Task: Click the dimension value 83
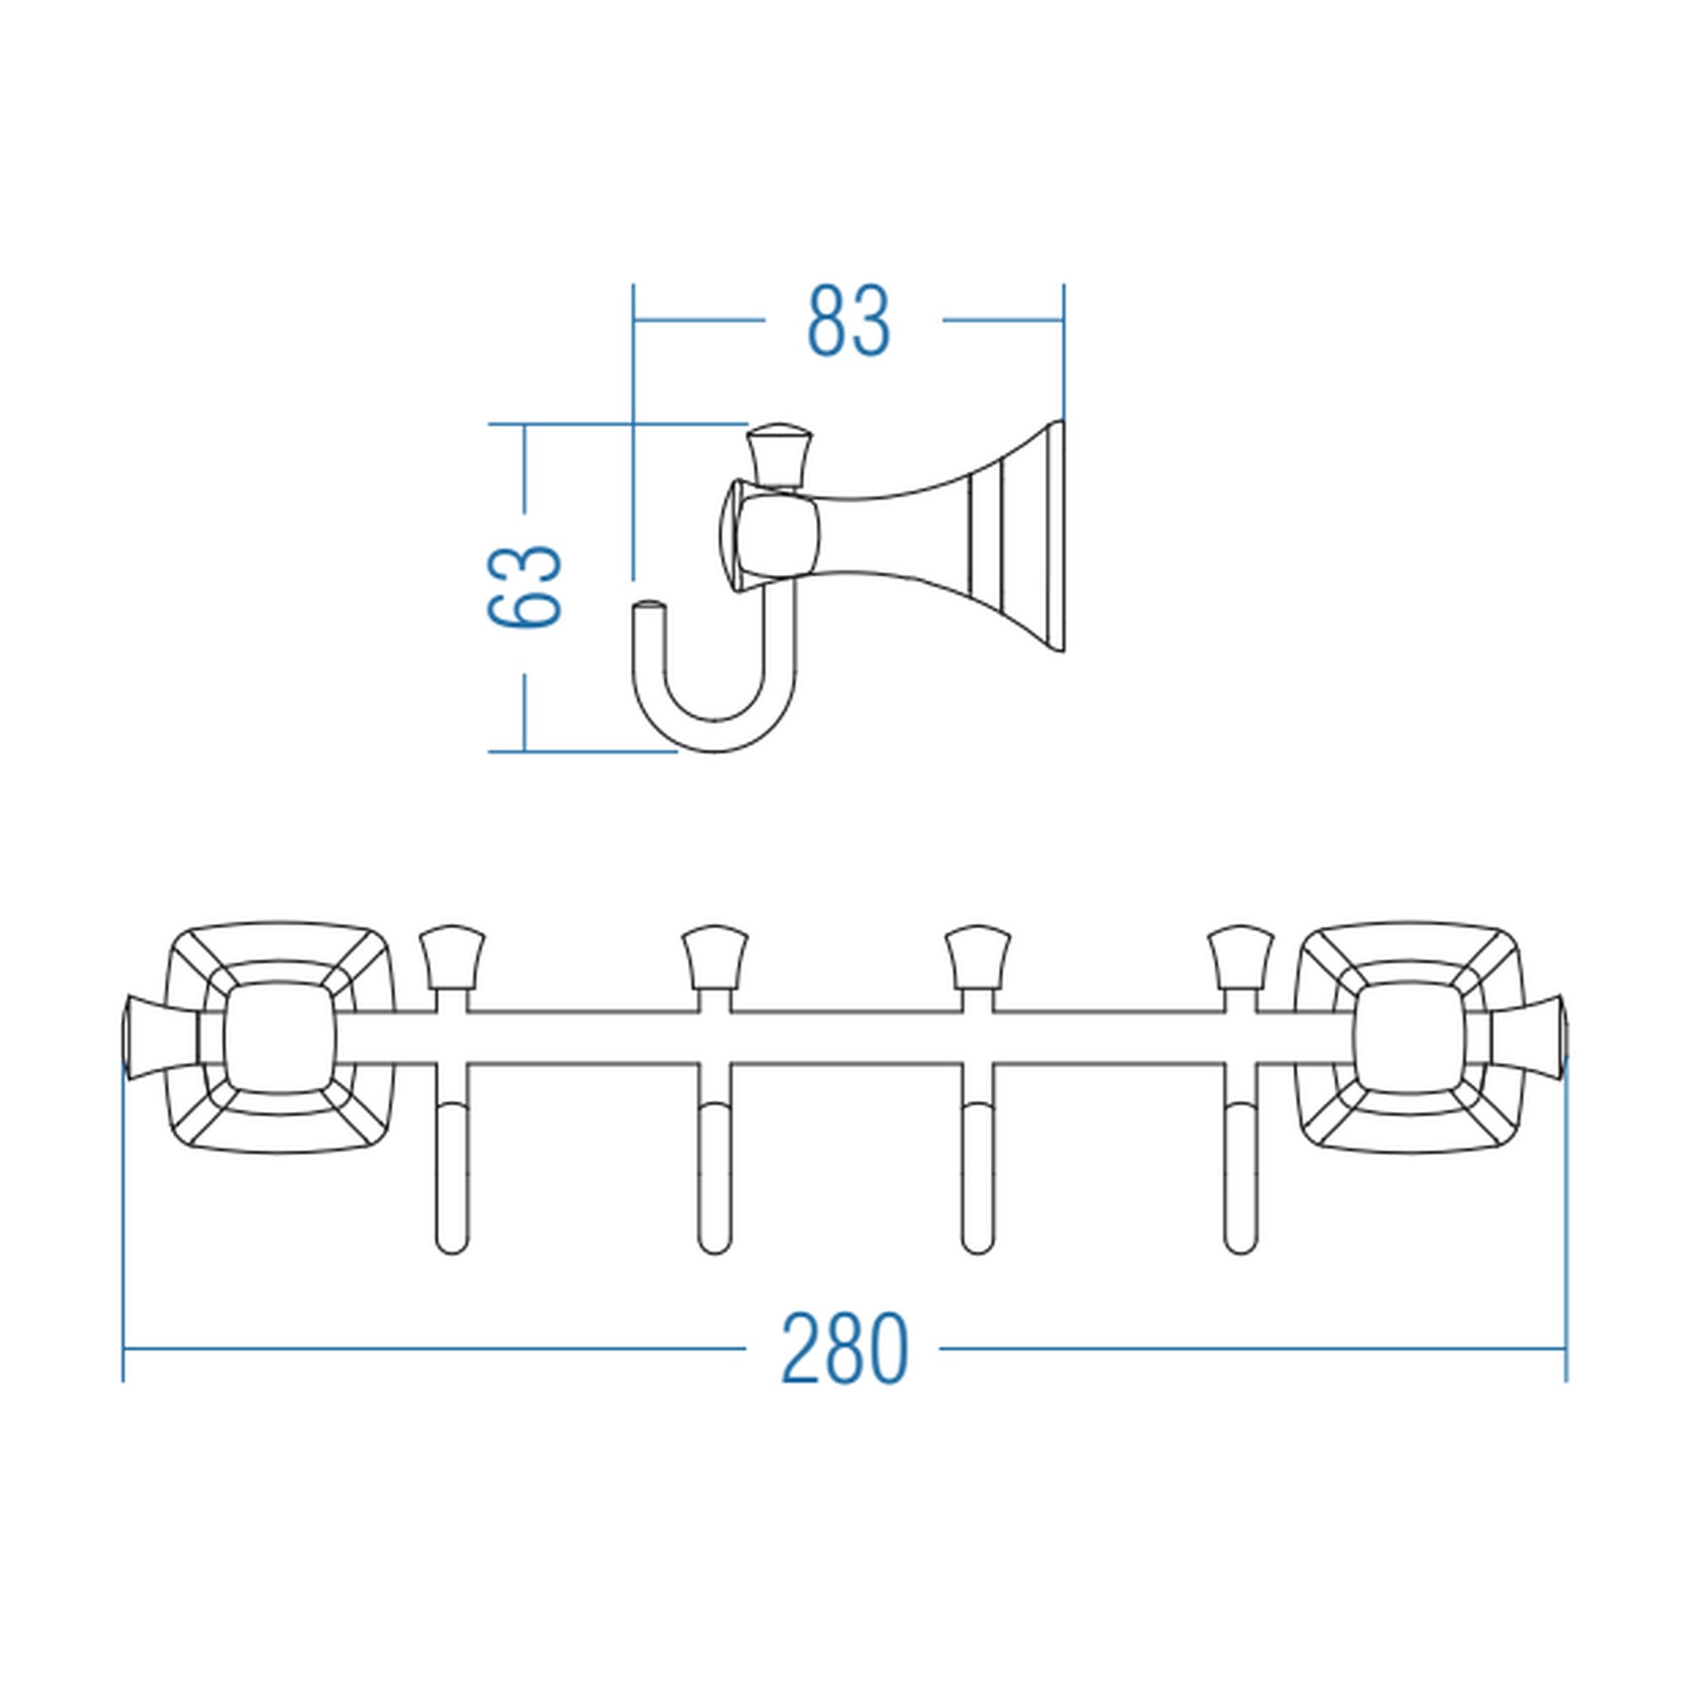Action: click(x=848, y=321)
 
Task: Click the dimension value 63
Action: click(x=524, y=588)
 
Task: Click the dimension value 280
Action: click(x=844, y=1348)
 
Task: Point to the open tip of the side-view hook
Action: click(x=648, y=604)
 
